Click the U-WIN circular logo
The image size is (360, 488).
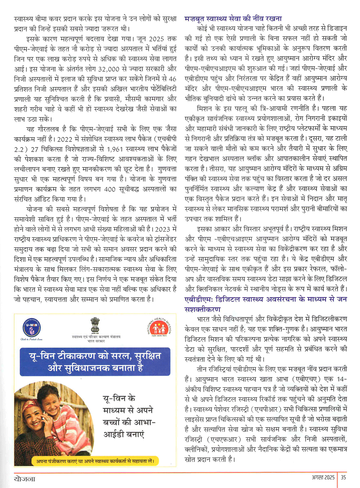[31, 328]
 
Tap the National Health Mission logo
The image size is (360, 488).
[158, 328]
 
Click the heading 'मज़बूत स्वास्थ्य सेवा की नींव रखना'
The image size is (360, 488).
[233, 18]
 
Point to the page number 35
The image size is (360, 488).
[343, 477]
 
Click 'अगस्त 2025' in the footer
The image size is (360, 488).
[323, 477]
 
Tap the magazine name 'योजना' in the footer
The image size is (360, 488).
[25, 479]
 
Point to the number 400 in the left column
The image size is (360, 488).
[110, 189]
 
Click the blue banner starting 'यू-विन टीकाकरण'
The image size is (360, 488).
[95, 362]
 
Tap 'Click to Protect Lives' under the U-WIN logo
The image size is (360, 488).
[31, 339]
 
